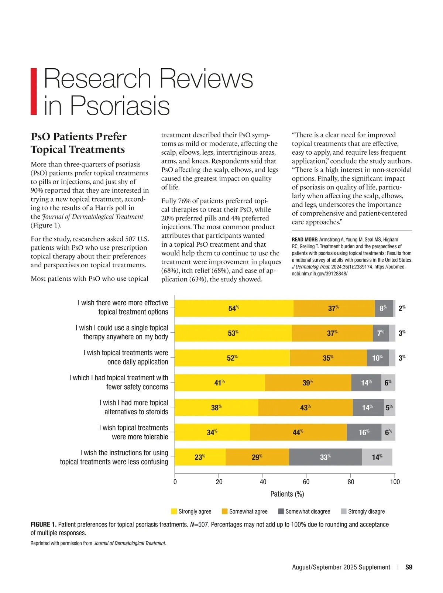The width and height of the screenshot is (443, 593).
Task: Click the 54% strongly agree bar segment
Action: (234, 308)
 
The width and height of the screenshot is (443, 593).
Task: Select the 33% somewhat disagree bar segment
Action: (325, 457)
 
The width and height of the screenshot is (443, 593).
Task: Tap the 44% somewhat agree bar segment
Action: (298, 432)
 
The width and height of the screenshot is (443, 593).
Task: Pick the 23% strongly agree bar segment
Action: (200, 457)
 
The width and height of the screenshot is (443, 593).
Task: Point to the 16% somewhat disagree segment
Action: (364, 432)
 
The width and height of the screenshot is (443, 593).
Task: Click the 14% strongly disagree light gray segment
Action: (377, 457)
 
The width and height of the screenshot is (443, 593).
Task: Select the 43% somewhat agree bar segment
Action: (305, 407)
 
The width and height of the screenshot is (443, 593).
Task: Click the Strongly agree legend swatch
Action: (174, 511)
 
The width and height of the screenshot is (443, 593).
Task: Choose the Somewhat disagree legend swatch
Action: (281, 511)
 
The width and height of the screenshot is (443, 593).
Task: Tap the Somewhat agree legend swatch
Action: (224, 511)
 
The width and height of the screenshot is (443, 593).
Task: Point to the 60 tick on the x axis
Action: (306, 481)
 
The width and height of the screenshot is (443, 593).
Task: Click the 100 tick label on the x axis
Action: (395, 481)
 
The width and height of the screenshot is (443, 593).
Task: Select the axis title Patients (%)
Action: (287, 494)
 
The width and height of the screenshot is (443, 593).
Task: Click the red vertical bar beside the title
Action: (34, 91)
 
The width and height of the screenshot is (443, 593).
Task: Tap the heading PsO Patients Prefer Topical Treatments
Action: (78, 143)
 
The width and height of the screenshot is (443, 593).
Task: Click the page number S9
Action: (409, 567)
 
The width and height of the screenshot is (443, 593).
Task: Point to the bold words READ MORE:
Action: (305, 240)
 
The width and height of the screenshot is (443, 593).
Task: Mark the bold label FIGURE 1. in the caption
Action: (43, 524)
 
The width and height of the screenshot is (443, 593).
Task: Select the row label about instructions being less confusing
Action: (114, 457)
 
